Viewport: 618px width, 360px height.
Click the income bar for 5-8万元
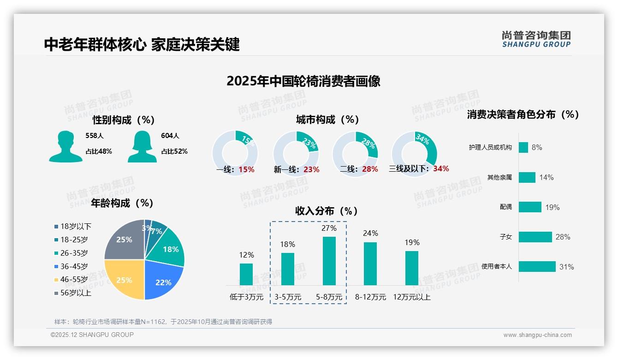[x=329, y=261]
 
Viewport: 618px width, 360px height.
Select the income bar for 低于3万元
[x=246, y=274]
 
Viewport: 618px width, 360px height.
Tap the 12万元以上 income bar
[x=411, y=268]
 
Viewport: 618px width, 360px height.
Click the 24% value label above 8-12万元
[x=370, y=234]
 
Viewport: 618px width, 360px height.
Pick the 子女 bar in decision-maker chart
[x=535, y=237]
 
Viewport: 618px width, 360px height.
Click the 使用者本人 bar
[x=537, y=266]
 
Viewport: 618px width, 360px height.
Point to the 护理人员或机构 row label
[x=490, y=147]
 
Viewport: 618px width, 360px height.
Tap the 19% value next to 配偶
[x=552, y=207]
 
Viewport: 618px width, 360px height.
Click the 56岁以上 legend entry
[x=73, y=293]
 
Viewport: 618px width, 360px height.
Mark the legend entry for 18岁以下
[x=73, y=226]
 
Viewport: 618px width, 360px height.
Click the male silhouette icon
[x=66, y=146]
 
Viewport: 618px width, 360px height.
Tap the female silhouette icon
[x=142, y=146]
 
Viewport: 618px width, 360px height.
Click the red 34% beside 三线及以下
[x=441, y=168]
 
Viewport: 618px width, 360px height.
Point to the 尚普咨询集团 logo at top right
[x=536, y=39]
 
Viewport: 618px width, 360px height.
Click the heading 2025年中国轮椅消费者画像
[x=303, y=81]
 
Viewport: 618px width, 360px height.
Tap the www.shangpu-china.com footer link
[x=537, y=335]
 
